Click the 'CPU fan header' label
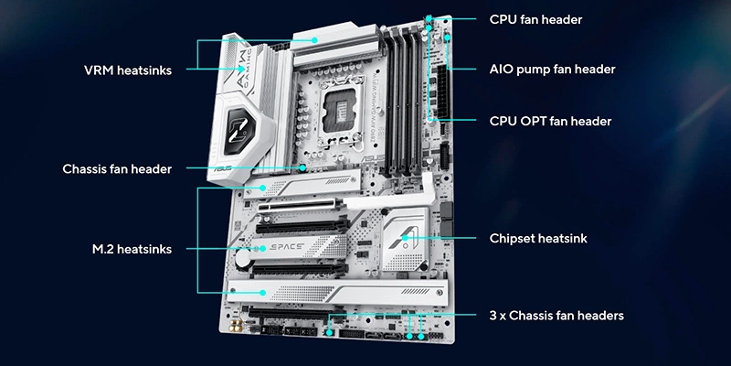[x=535, y=19]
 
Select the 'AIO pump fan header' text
[x=553, y=70]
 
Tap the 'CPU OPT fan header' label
[x=551, y=122]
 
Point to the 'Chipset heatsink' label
[x=538, y=239]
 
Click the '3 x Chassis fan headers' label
[x=556, y=316]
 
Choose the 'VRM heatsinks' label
[x=128, y=70]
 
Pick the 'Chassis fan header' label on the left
[x=117, y=168]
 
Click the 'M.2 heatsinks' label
[x=132, y=249]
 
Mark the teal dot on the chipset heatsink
[x=405, y=238]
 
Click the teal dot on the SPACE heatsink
[x=262, y=249]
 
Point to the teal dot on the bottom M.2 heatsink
[x=262, y=293]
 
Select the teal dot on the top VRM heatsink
[x=315, y=40]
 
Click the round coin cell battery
[x=242, y=258]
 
